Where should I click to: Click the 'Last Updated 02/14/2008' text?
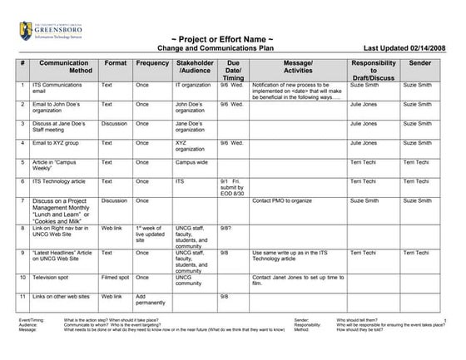[x=407, y=49]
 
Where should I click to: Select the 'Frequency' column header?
[x=153, y=63]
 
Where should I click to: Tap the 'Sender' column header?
[x=420, y=63]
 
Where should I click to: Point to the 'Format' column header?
[x=116, y=63]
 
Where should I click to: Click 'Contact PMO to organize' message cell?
[x=285, y=200]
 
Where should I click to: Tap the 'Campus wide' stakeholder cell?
[x=191, y=162]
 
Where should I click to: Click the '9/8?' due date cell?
[x=226, y=227]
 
